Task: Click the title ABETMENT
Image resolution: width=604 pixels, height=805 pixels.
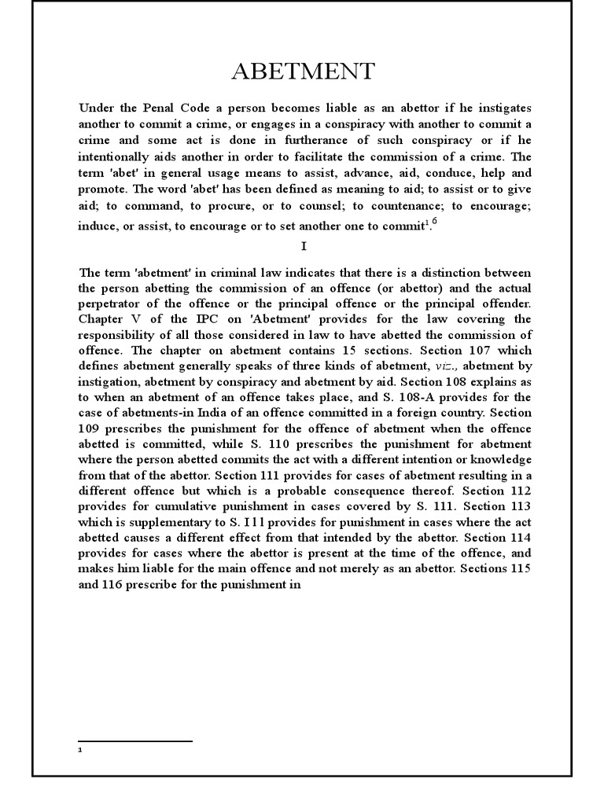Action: (x=303, y=72)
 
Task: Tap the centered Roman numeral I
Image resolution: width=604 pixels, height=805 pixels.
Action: (x=303, y=247)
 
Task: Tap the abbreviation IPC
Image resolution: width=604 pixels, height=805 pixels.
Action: (x=200, y=319)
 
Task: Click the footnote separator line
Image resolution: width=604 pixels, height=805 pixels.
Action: (x=136, y=741)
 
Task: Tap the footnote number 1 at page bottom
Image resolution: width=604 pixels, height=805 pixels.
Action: (x=81, y=750)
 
